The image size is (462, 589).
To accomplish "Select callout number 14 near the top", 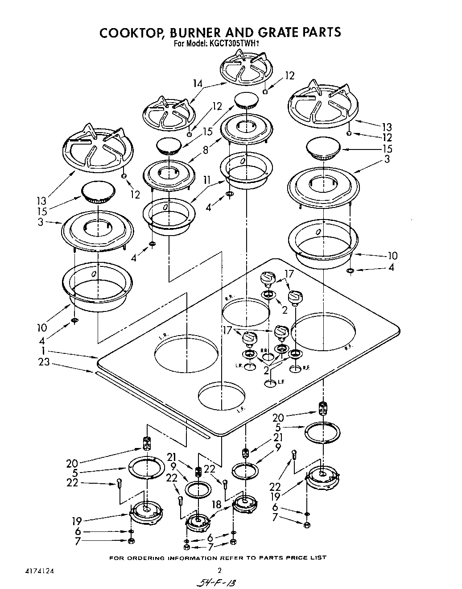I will click(198, 83).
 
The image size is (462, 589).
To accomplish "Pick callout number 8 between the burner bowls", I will click(206, 150).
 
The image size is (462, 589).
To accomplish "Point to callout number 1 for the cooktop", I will click(44, 350).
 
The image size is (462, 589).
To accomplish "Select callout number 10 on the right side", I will click(392, 256).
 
